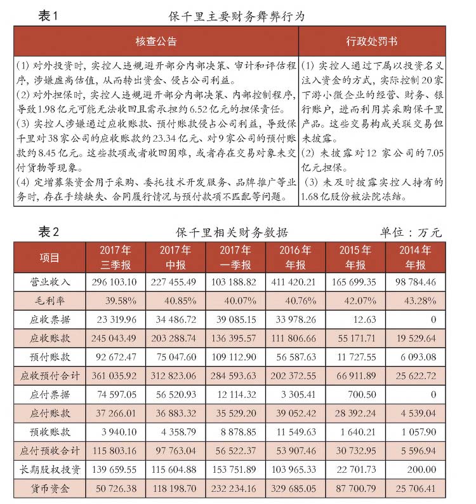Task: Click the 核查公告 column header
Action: coord(155,42)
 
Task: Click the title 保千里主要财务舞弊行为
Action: coord(237,17)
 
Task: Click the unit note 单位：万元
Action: coord(411,232)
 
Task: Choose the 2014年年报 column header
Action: coord(415,257)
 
